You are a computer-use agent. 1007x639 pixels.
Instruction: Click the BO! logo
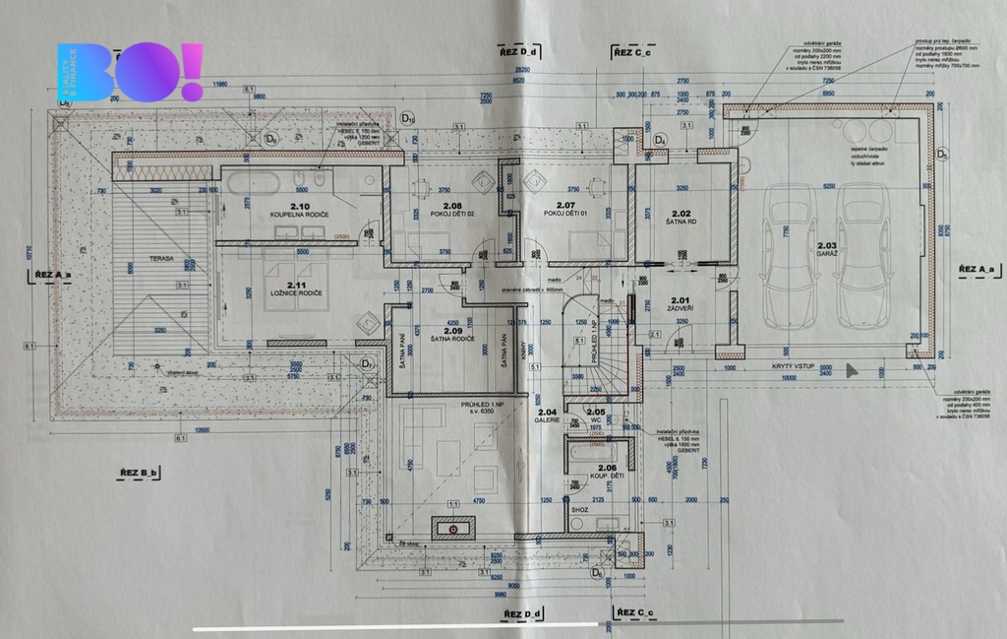coord(130,73)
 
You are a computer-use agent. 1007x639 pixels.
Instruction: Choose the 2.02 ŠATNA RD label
coord(681,218)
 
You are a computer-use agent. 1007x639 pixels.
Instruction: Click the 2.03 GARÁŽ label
coord(826,249)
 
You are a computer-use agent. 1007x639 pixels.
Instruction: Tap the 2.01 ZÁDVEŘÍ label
coord(681,304)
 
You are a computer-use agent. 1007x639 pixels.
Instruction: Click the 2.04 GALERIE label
coord(547,415)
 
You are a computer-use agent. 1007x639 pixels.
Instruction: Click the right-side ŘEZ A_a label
coord(978,268)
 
